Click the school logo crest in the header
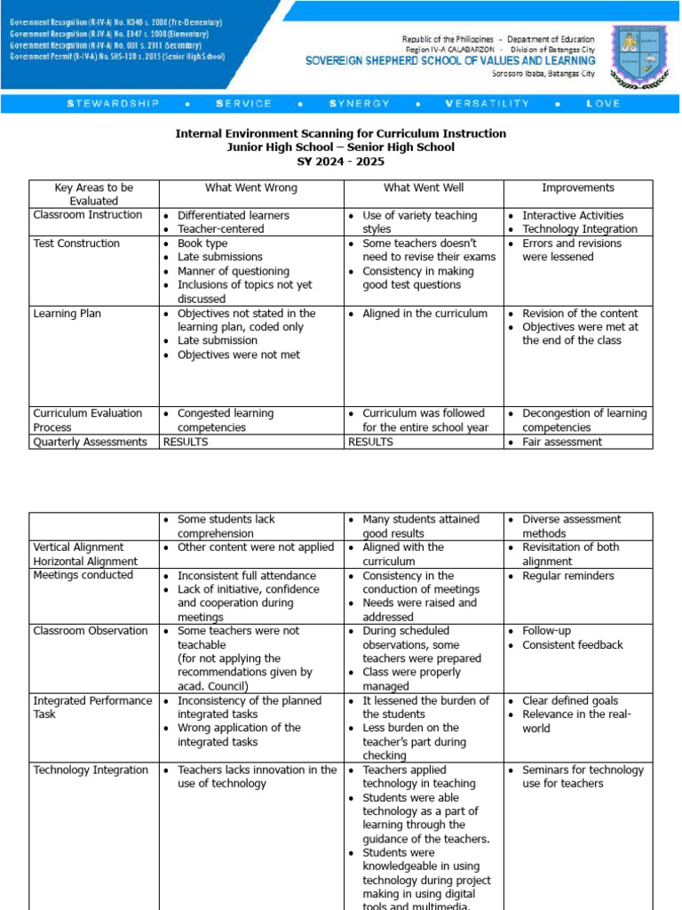(640, 55)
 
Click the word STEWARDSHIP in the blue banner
(114, 104)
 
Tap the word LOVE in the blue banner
(603, 104)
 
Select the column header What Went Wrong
(251, 188)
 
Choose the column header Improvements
(578, 188)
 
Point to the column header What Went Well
(424, 188)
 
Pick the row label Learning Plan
(68, 314)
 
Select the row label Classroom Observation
(91, 631)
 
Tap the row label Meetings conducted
(83, 575)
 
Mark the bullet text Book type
(202, 243)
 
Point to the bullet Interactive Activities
(573, 216)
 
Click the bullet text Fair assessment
(562, 442)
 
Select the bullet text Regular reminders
(567, 576)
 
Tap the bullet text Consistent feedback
(573, 645)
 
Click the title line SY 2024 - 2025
(340, 162)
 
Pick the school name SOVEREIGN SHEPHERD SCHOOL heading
(450, 61)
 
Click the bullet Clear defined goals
(570, 701)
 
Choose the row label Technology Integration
(91, 770)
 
